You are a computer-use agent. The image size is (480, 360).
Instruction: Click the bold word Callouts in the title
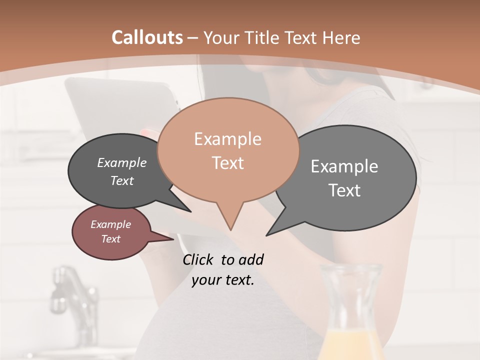click(x=147, y=37)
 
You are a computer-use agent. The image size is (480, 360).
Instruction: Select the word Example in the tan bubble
click(x=227, y=139)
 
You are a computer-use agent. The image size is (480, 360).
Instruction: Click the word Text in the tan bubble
click(x=227, y=163)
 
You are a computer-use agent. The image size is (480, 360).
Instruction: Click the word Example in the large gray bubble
click(x=344, y=166)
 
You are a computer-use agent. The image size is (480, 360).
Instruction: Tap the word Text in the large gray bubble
click(x=344, y=190)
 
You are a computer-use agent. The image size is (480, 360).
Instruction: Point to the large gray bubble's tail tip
click(x=267, y=235)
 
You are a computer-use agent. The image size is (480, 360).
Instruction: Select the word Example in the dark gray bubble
click(x=122, y=162)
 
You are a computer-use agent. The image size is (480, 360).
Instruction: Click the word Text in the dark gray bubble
click(x=122, y=180)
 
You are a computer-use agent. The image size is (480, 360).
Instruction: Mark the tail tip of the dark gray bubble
click(x=190, y=211)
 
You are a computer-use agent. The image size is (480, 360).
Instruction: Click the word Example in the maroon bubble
click(x=111, y=224)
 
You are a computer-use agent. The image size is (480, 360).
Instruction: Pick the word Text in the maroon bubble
click(x=111, y=239)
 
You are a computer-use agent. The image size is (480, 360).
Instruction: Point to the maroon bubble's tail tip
click(x=173, y=239)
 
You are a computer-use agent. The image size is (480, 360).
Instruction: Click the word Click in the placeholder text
click(x=198, y=259)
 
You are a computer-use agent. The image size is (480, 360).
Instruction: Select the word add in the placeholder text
click(x=250, y=259)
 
